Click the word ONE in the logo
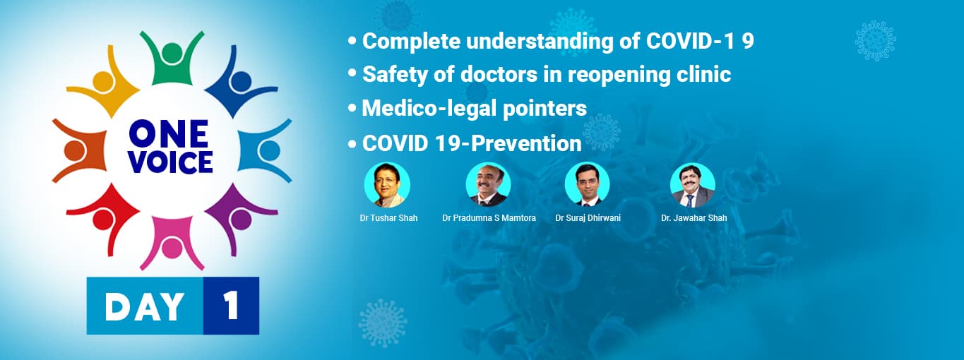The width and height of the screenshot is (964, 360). click(168, 133)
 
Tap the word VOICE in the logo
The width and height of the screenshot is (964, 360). click(170, 162)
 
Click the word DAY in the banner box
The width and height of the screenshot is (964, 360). click(145, 306)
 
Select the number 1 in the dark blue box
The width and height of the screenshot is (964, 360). click(231, 306)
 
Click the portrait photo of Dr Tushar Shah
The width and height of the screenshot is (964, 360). click(387, 185)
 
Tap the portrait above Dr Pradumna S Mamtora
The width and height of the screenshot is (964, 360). click(488, 185)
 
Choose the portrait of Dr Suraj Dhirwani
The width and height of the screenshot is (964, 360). click(587, 185)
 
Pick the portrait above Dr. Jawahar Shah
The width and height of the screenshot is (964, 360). click(692, 185)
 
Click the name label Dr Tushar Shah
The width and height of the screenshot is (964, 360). click(388, 218)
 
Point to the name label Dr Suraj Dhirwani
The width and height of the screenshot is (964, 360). click(588, 218)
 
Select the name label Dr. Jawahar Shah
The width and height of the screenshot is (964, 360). click(694, 218)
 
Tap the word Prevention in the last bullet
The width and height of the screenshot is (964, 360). click(526, 143)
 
